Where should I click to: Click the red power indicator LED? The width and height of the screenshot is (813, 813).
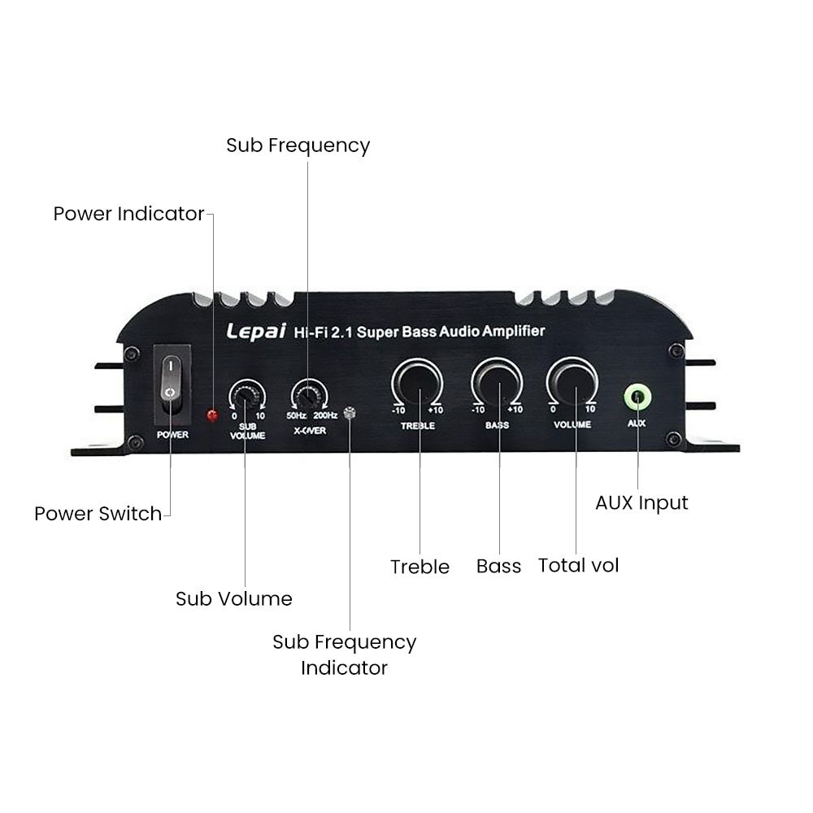click(x=212, y=415)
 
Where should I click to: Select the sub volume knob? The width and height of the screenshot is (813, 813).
click(x=246, y=395)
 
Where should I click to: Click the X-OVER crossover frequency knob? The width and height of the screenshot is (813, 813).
click(x=309, y=395)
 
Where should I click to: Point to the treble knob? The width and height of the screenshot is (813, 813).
click(x=417, y=383)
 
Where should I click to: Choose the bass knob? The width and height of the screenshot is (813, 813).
click(x=497, y=383)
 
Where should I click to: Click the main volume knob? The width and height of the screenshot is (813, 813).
click(x=572, y=382)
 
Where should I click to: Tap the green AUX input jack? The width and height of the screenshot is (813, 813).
click(x=637, y=398)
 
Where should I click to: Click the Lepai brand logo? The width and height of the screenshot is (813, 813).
click(x=256, y=332)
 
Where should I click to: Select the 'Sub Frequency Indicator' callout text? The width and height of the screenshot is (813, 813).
click(x=344, y=654)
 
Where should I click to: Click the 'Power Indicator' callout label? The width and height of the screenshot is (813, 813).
click(x=128, y=214)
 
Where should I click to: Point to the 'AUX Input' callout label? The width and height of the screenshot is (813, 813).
click(x=642, y=503)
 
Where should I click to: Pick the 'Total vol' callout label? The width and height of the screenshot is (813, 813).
click(x=579, y=565)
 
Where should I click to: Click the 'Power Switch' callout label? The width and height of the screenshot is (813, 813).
click(x=98, y=514)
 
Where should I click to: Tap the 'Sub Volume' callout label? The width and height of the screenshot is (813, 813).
click(x=234, y=599)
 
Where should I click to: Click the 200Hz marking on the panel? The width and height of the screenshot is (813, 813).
click(x=325, y=415)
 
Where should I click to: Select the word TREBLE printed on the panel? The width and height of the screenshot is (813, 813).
click(x=418, y=426)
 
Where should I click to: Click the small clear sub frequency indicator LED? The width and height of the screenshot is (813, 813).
click(x=350, y=413)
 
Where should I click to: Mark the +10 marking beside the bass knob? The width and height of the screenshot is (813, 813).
click(x=515, y=410)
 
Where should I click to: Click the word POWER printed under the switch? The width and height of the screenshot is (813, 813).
click(x=172, y=434)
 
